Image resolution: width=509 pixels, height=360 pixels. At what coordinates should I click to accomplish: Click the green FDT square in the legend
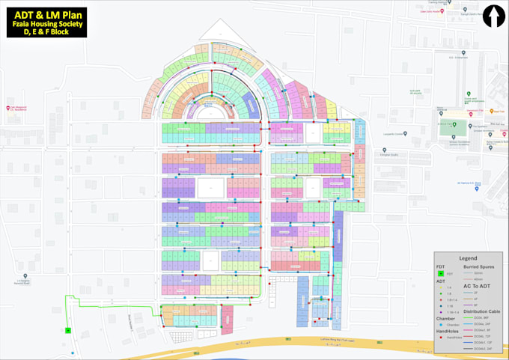coord(441,275)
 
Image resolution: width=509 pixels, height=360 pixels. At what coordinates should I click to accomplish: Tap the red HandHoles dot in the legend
coord(441,338)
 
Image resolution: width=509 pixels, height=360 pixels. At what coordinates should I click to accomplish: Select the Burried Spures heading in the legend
coord(482,266)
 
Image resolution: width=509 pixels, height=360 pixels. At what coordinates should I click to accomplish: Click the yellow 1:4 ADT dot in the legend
coord(441,287)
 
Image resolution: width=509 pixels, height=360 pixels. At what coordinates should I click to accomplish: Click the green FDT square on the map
coord(67,330)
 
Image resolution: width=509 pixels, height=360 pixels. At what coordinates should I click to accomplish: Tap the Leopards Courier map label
coord(394,134)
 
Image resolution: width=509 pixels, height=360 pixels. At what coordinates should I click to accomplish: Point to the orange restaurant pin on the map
coord(437,114)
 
